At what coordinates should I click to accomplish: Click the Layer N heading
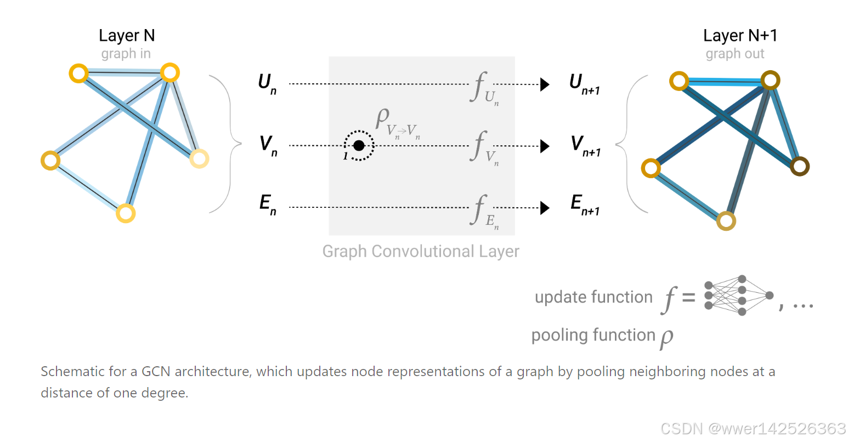tap(127, 36)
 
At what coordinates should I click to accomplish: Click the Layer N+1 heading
tap(740, 36)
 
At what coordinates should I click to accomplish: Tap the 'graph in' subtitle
tap(126, 54)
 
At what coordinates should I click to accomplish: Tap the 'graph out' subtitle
tap(734, 54)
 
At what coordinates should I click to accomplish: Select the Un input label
tap(267, 84)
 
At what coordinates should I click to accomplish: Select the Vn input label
tap(268, 145)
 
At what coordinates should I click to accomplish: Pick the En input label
tap(268, 205)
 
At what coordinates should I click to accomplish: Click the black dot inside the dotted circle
tap(359, 145)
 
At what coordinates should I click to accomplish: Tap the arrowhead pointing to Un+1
tap(545, 84)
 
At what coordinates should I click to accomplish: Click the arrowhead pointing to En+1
tap(545, 208)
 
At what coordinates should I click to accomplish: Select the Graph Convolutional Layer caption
tap(421, 251)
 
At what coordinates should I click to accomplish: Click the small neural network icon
tap(738, 296)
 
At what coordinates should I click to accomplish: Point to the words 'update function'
tap(593, 297)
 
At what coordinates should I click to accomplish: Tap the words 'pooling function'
tap(593, 335)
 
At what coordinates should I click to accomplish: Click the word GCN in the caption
tap(156, 372)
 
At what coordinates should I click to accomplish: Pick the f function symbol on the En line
tap(480, 209)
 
